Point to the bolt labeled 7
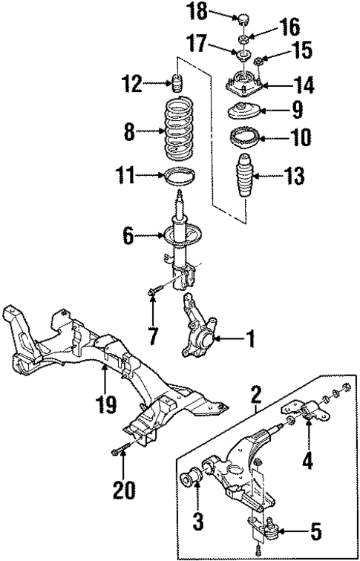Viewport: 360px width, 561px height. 152,295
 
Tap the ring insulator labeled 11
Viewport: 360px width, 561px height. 178,178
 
